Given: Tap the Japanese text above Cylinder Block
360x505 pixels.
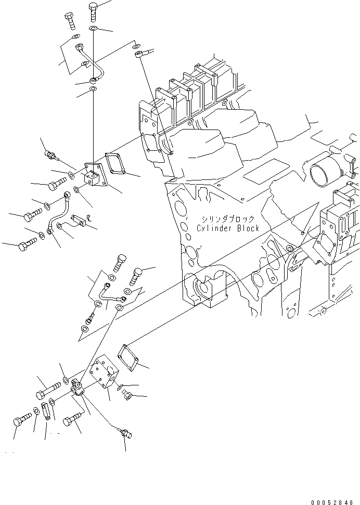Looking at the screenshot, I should (x=229, y=219).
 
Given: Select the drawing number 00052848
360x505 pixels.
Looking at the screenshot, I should (x=335, y=502).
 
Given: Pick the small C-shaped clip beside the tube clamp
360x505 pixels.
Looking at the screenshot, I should (x=89, y=218).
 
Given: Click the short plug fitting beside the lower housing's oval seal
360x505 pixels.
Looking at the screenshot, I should (x=127, y=396).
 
